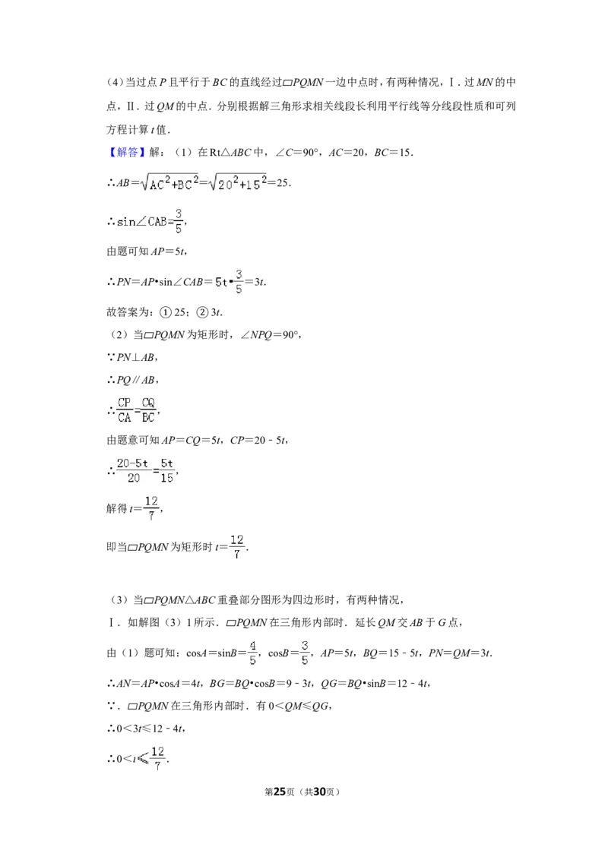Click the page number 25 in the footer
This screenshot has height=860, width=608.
(280, 792)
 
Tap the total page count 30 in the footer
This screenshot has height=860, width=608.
(319, 792)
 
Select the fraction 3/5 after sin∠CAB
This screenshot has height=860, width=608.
(179, 221)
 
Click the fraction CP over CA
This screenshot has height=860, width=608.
(125, 409)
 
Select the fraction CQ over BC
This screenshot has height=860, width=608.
(148, 409)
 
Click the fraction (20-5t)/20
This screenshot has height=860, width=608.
(133, 470)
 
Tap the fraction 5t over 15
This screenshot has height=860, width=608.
(166, 470)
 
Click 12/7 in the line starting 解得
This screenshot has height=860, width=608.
(151, 508)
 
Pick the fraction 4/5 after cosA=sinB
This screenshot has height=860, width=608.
(252, 652)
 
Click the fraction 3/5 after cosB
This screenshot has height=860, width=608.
(305, 652)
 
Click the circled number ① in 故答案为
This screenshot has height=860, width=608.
(165, 312)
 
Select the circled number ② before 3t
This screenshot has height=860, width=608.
(202, 312)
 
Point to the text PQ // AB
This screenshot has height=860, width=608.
(135, 380)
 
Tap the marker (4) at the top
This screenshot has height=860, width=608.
(115, 82)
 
